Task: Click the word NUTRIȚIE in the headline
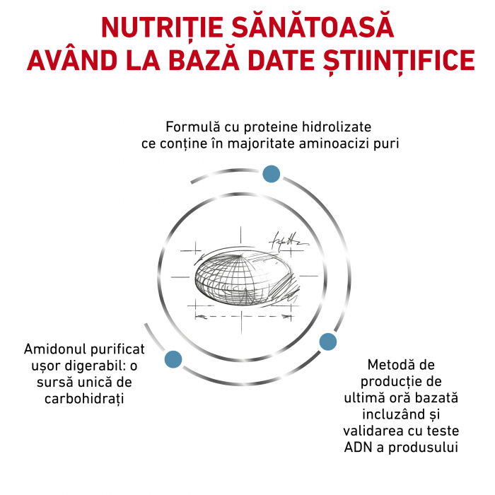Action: (x=162, y=28)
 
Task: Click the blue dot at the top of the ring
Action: (x=271, y=174)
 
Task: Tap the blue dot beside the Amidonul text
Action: (x=173, y=359)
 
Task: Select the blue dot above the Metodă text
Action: (x=328, y=342)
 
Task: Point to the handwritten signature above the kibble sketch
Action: (x=288, y=242)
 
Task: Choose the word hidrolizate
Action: (x=337, y=127)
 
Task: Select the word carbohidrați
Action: (x=84, y=399)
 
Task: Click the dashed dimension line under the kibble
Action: (x=243, y=316)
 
